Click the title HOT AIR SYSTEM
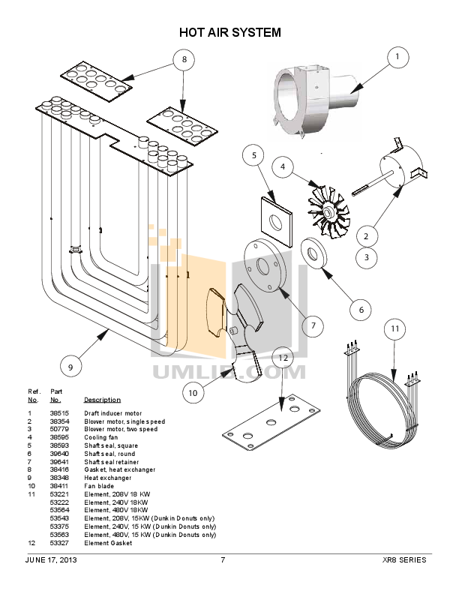229,32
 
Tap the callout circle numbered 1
397,56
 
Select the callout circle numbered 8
184,61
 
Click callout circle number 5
253,155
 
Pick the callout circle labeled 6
360,309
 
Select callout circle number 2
366,236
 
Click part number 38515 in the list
59,413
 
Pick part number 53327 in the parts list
59,543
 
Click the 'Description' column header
102,400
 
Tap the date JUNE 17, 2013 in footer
51,560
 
